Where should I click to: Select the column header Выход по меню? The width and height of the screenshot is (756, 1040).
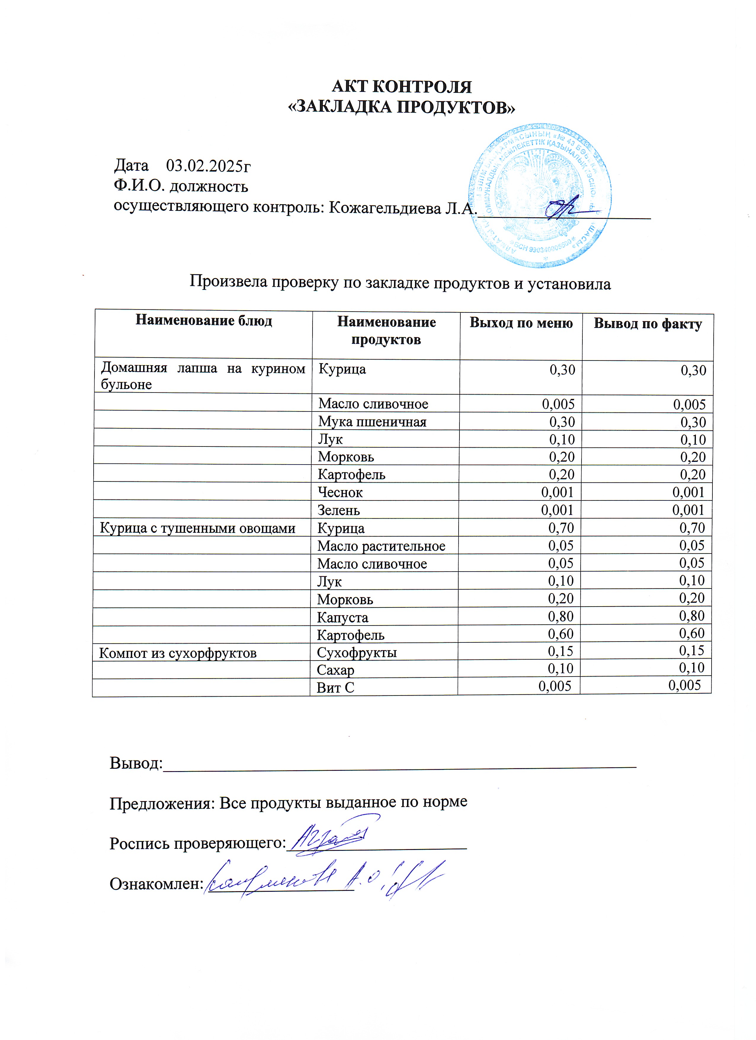pos(521,323)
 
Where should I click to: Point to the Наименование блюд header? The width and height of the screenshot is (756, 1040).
pos(204,320)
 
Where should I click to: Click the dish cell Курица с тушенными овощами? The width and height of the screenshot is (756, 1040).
pos(198,528)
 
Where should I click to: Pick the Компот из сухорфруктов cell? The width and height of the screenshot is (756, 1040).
pos(178,653)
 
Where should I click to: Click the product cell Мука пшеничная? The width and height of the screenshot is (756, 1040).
pos(372,422)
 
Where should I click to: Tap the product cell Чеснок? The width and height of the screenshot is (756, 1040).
pos(340,492)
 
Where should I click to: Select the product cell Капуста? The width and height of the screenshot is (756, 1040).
pos(342,618)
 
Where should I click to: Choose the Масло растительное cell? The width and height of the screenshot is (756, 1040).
pos(381,546)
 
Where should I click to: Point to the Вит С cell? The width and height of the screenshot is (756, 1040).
pos(335,688)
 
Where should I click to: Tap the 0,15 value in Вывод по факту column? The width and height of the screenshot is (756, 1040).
pos(691,651)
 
